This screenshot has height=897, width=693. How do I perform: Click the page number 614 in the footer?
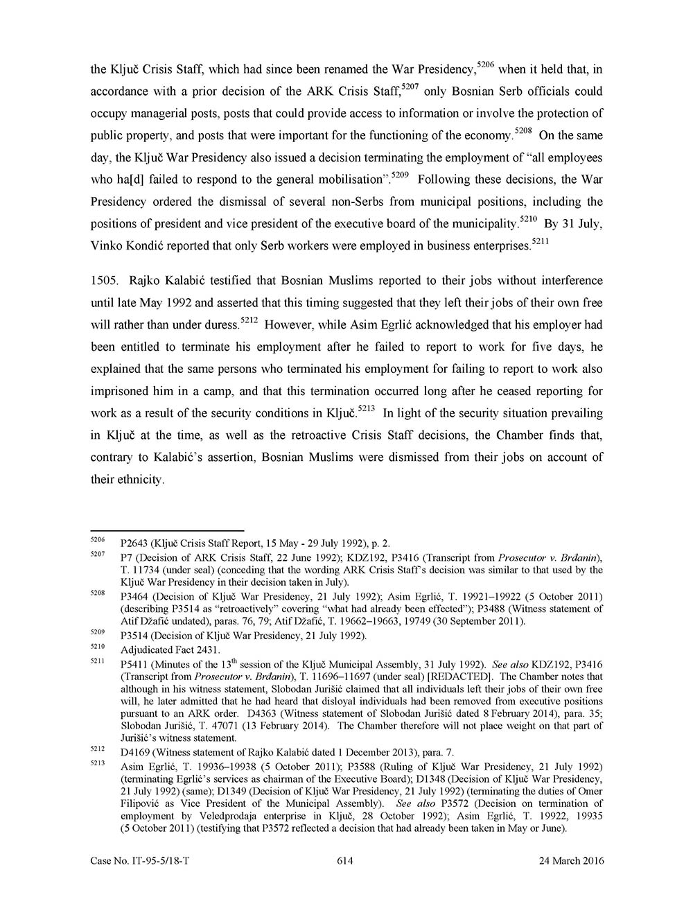[345, 861]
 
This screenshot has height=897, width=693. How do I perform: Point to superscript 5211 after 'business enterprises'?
[541, 241]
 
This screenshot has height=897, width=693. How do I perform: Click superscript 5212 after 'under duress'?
[249, 320]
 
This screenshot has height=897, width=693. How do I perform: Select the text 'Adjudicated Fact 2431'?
[170, 650]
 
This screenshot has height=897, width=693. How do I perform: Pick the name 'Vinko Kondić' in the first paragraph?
[123, 245]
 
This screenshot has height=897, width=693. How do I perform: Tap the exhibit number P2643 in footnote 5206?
[134, 543]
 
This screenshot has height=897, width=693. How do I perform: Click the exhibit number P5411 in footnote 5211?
[134, 663]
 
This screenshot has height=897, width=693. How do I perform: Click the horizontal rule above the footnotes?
[167, 530]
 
